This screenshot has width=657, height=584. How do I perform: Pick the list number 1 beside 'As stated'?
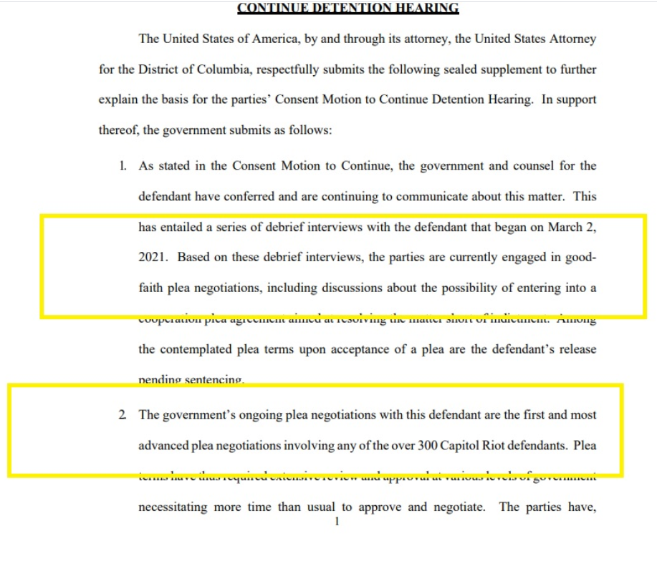[123, 166]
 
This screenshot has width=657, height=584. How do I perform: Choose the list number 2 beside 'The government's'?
[123, 415]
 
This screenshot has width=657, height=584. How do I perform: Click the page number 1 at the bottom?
[336, 522]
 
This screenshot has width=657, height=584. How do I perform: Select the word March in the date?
[565, 228]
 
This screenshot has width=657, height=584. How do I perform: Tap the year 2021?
[153, 258]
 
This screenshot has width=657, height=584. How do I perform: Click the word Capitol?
[439, 445]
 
